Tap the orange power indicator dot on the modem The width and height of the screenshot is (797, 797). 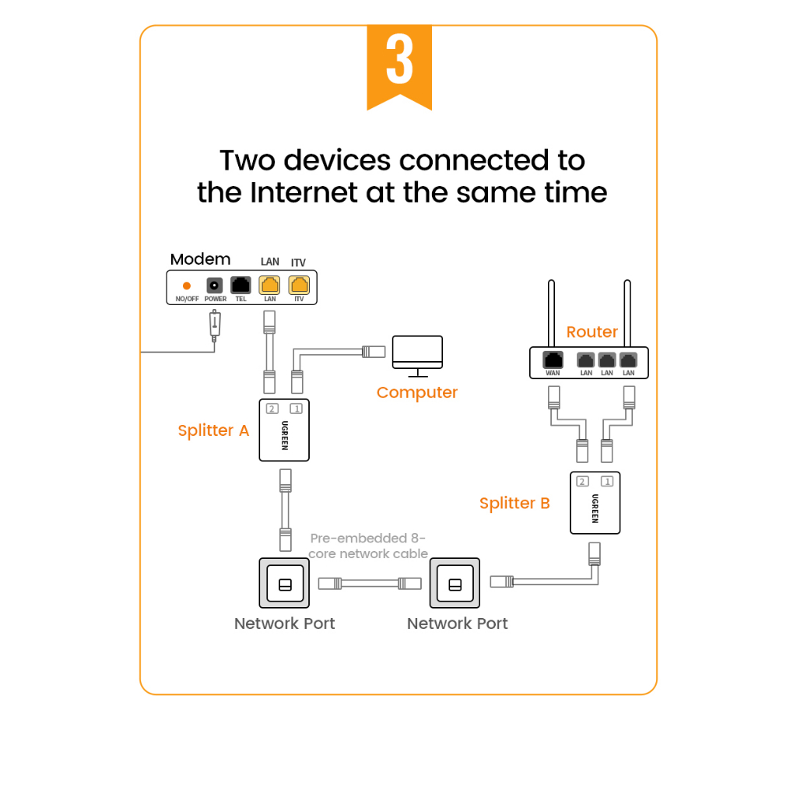(x=187, y=286)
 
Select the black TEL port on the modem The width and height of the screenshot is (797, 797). (x=241, y=285)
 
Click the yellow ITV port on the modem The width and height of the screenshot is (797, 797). (x=299, y=285)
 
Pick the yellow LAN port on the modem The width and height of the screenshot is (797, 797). (x=269, y=285)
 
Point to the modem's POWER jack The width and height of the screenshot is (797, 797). (x=215, y=286)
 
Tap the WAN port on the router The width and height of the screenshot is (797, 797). (x=553, y=360)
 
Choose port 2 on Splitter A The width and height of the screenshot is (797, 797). (x=272, y=409)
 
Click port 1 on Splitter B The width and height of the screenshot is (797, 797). (x=607, y=482)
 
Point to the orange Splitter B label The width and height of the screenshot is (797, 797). (x=514, y=504)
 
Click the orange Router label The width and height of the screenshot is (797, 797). (x=592, y=332)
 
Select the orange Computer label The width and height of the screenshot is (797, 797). (x=417, y=392)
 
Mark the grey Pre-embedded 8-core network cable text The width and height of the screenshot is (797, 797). (x=368, y=546)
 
